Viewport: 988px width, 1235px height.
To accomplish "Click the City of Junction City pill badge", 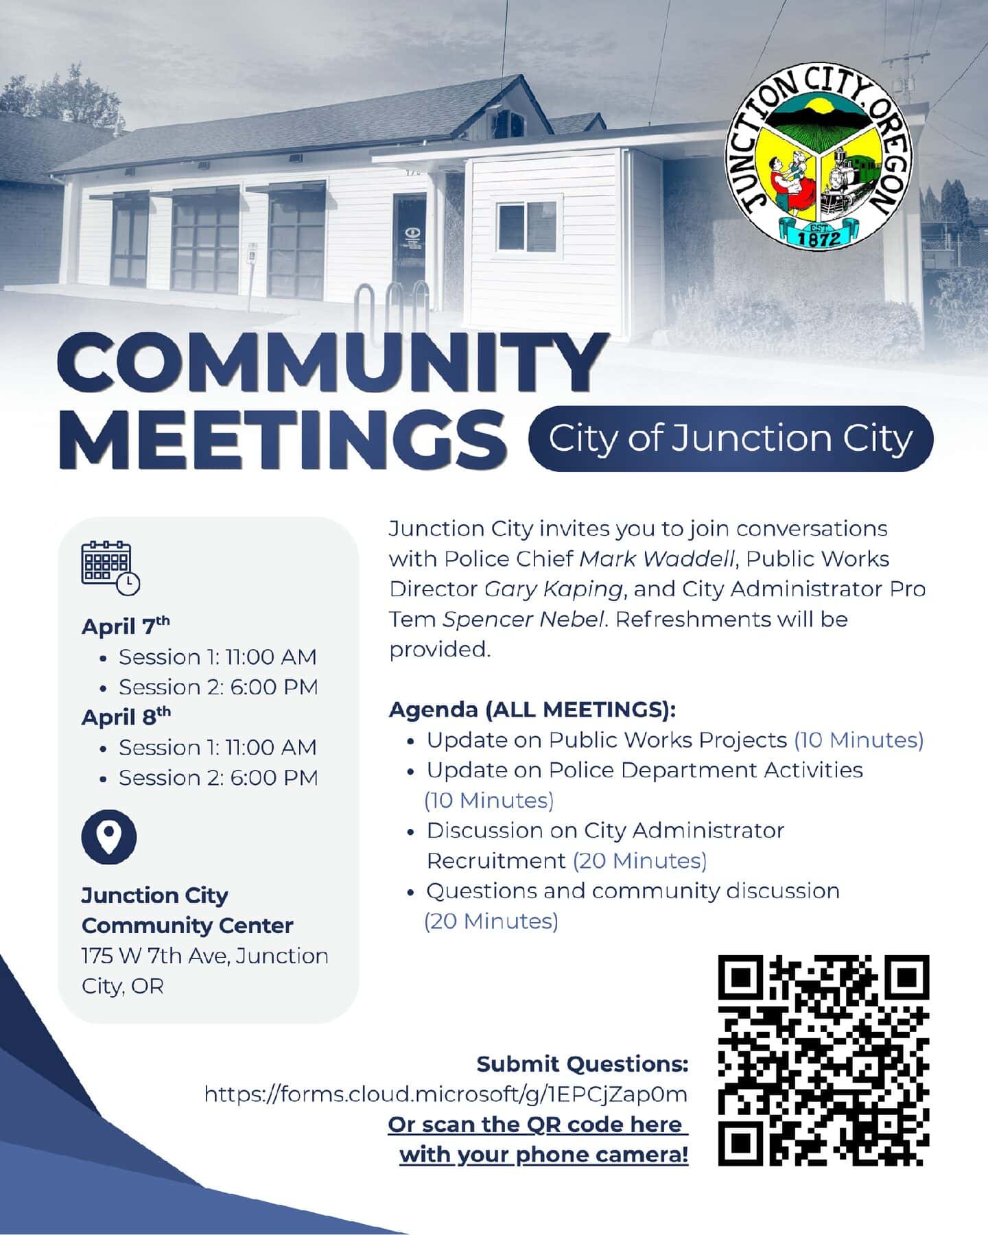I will point(731,439).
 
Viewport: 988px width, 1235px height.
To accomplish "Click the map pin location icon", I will point(109,836).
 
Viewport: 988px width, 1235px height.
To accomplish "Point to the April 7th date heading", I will point(126,626).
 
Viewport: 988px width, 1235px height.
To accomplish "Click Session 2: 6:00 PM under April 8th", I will point(218,777).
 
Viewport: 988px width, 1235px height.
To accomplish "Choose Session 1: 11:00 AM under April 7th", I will point(217,657).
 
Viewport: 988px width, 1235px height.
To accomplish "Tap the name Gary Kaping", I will point(554,589).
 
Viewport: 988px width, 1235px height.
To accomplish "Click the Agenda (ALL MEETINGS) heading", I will point(532,709).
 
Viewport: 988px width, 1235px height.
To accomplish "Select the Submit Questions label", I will point(583,1064).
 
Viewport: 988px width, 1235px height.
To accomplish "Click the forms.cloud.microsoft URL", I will point(446,1094).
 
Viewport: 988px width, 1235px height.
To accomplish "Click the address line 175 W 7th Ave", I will point(204,956).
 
